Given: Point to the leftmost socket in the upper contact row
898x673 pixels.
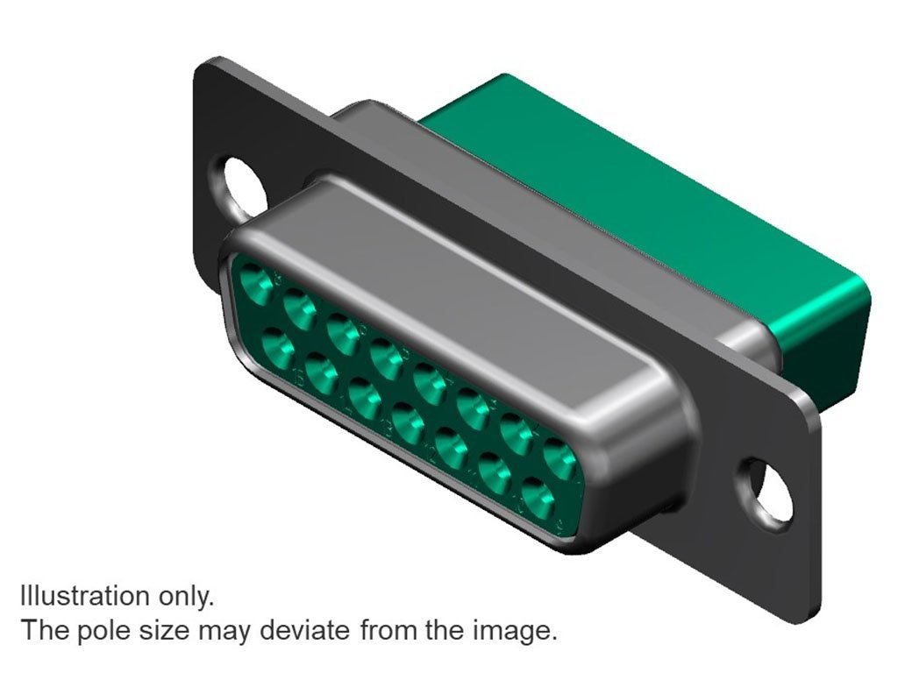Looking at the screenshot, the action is [x=257, y=282].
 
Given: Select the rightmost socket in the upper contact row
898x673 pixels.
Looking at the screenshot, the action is [x=560, y=458].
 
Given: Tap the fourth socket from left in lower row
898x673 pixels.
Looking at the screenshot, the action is [x=409, y=422].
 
